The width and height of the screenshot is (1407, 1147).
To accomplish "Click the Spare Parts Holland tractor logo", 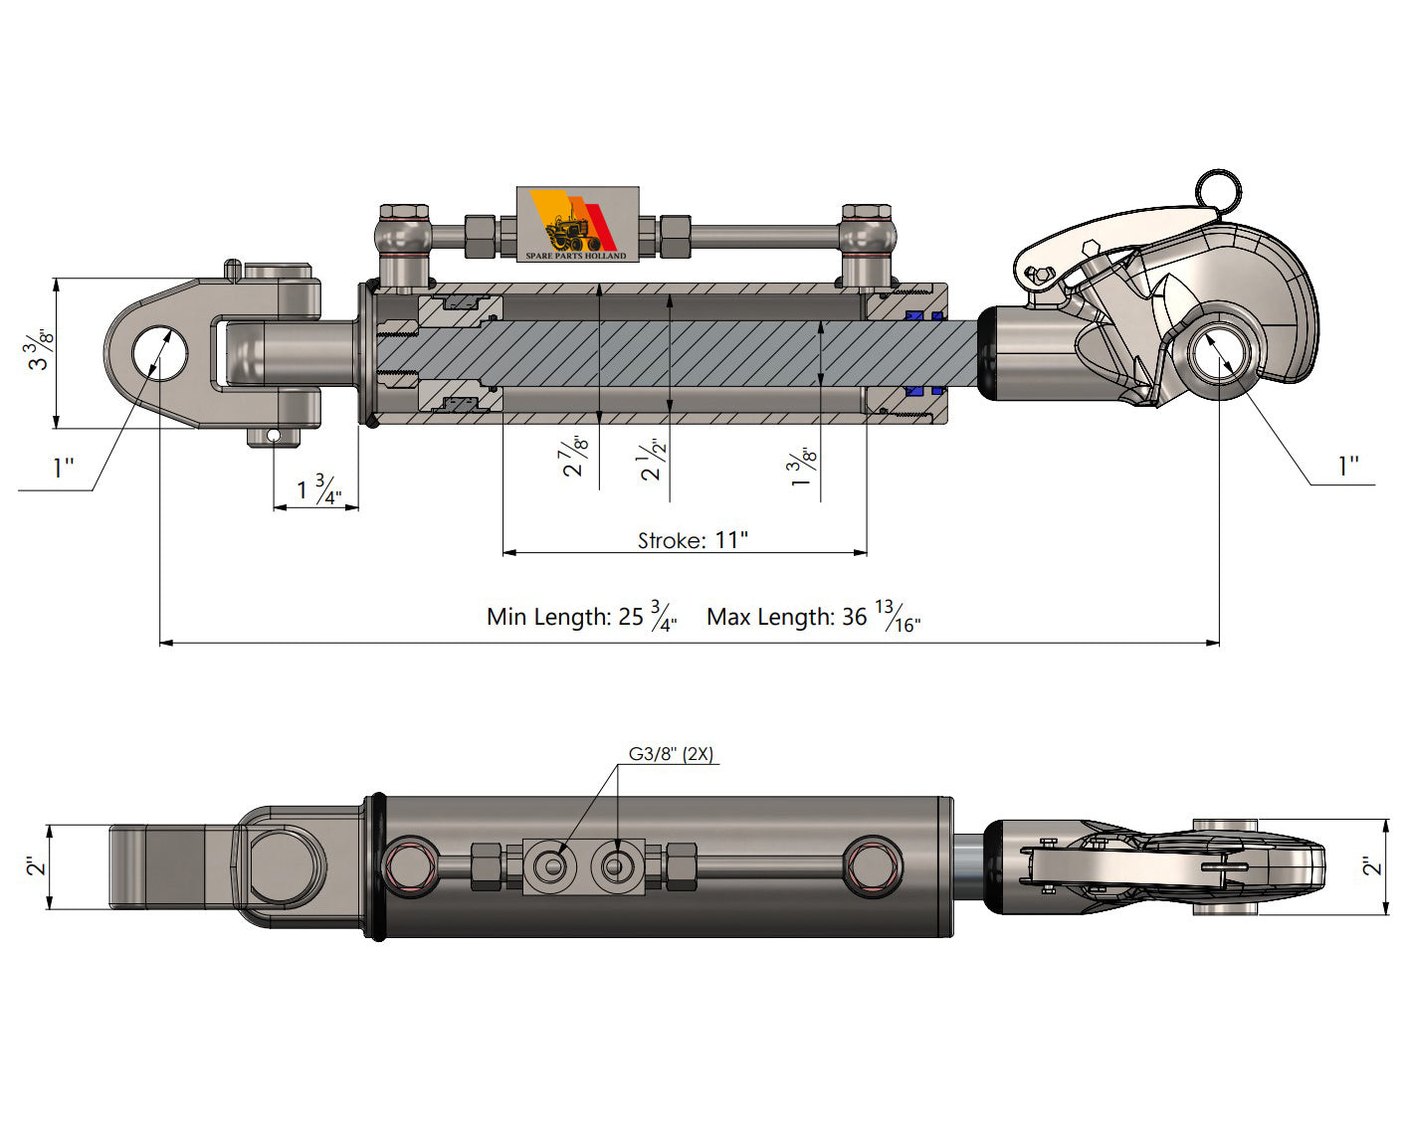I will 577,224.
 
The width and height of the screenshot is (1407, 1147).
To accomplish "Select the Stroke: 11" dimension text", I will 693,540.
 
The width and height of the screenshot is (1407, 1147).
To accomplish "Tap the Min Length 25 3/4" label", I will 582,617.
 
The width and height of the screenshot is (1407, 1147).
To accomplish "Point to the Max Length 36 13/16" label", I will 813,617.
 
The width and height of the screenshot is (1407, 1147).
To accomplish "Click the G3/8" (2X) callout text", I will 671,754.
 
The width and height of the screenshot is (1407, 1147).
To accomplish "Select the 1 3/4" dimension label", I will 318,489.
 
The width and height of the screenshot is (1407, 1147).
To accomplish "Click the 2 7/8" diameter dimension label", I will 576,457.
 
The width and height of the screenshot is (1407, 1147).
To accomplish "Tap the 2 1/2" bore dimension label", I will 652,460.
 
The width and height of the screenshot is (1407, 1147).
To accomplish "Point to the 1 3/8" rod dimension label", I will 803,468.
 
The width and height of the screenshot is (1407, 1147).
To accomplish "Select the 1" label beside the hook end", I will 1347,467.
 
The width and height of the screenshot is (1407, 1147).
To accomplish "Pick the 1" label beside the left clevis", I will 64,468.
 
